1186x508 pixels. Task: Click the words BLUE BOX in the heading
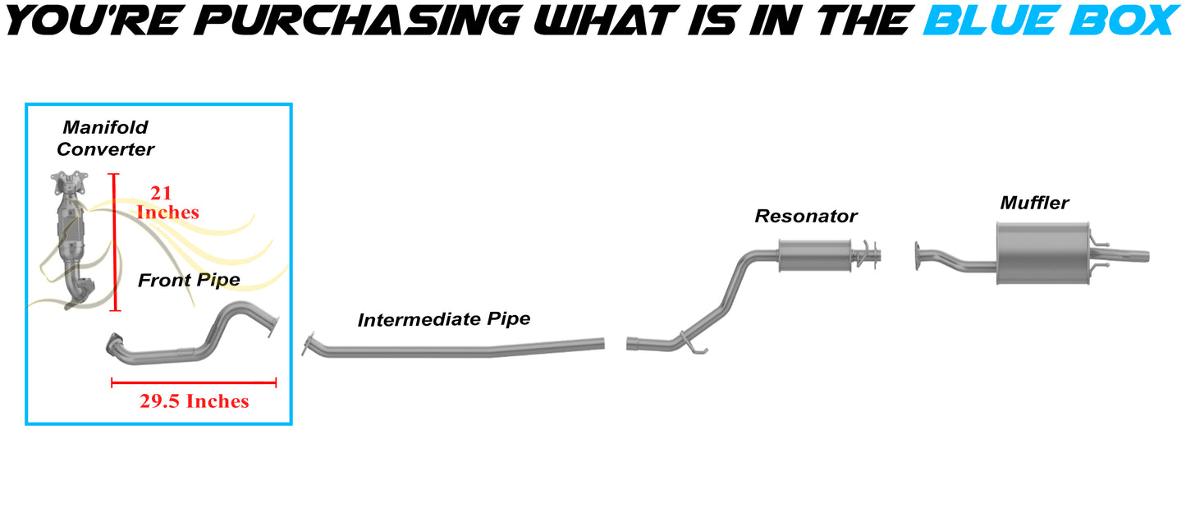(x=1051, y=21)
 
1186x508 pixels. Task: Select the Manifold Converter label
(x=105, y=138)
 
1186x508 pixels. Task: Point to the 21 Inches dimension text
(x=167, y=202)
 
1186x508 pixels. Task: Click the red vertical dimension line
(x=115, y=242)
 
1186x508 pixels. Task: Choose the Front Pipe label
(x=189, y=280)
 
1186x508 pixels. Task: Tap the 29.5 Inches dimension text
(x=194, y=401)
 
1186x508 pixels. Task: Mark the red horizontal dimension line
(x=194, y=382)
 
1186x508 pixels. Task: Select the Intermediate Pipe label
(x=444, y=319)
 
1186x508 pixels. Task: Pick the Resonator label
(x=805, y=216)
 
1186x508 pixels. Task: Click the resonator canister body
(x=815, y=255)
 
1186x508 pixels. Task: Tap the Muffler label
(x=1034, y=203)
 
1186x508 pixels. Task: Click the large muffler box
(x=1043, y=254)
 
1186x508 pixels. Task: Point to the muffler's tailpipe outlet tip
(x=1147, y=257)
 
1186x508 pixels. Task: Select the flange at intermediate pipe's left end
(x=307, y=345)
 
